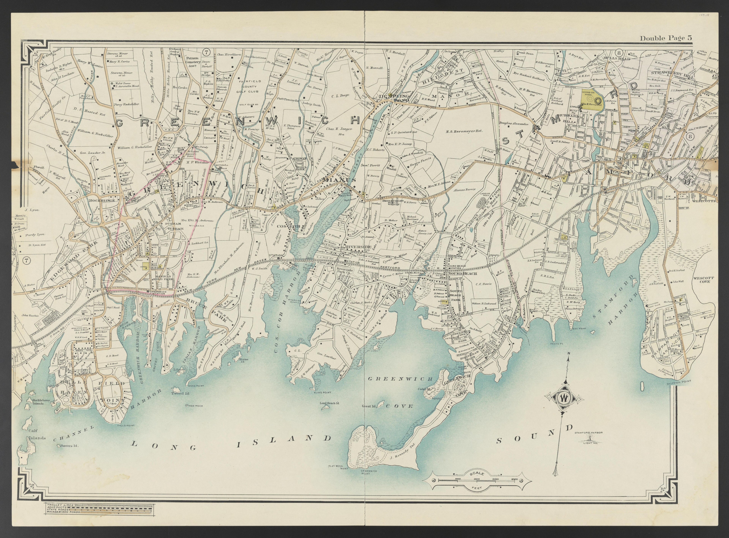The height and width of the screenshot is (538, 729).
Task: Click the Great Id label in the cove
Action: [x=369, y=406]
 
